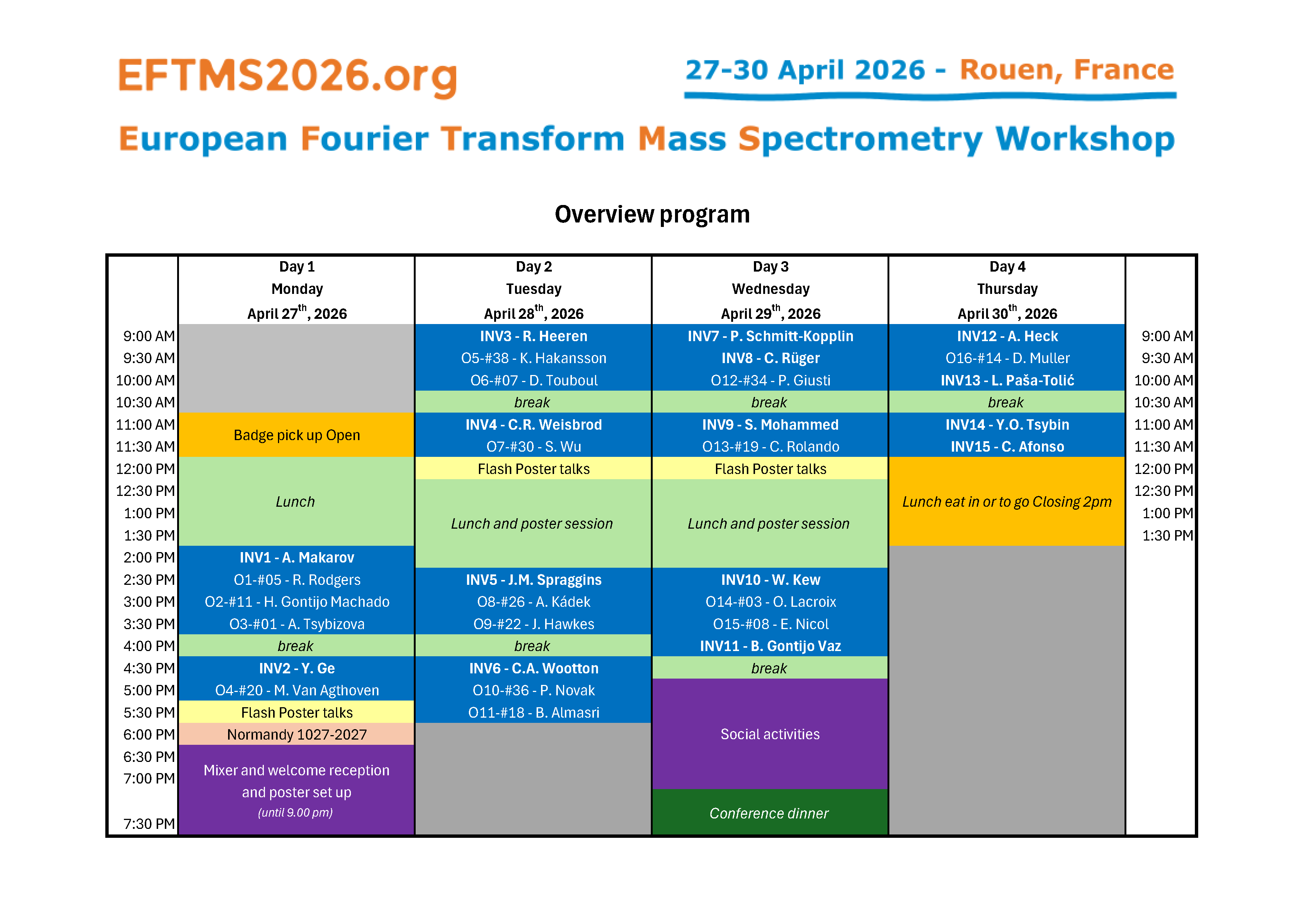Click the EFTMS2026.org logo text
point(288,76)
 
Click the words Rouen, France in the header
point(1067,70)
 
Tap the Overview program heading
point(652,214)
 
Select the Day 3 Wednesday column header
point(770,290)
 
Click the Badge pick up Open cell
point(297,435)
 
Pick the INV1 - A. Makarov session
point(297,558)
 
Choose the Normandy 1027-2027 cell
point(297,734)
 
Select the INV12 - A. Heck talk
point(1007,336)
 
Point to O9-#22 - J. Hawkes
point(534,624)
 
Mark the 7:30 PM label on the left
point(149,824)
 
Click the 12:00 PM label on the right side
point(1164,469)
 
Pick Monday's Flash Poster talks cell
point(297,712)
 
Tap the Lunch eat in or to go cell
point(1007,501)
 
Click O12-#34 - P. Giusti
point(770,380)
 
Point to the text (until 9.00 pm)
point(295,812)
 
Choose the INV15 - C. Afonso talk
point(1007,447)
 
